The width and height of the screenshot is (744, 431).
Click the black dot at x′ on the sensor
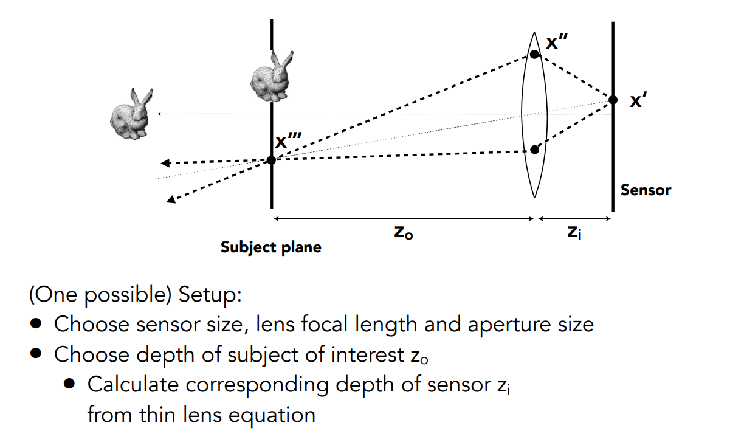613,100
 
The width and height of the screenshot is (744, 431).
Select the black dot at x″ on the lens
534,54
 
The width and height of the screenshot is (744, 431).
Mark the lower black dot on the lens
534,150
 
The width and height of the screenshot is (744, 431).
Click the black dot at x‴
271,160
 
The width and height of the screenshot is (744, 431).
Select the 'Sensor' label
646,190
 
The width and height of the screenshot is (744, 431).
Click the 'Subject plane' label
270,247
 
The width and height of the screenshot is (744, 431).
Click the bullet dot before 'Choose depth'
37,354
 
